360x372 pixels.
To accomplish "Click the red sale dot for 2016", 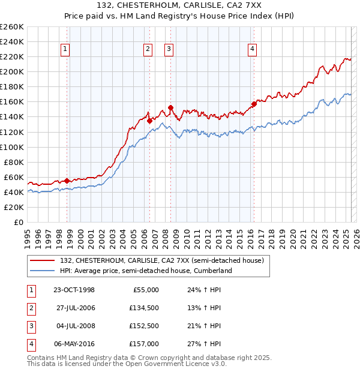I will [254, 104].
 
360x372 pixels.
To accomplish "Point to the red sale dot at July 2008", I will [171, 108].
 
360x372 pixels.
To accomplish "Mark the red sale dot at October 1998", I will [67, 181].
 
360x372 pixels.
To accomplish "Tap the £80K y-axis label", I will [14, 162].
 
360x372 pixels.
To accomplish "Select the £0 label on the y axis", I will [17, 222].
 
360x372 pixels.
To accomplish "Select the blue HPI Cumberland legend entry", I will [150, 271].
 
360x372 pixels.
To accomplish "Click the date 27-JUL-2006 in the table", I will [75, 308].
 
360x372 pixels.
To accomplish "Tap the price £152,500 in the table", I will [145, 326].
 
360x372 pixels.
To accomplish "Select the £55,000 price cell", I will [146, 290].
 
